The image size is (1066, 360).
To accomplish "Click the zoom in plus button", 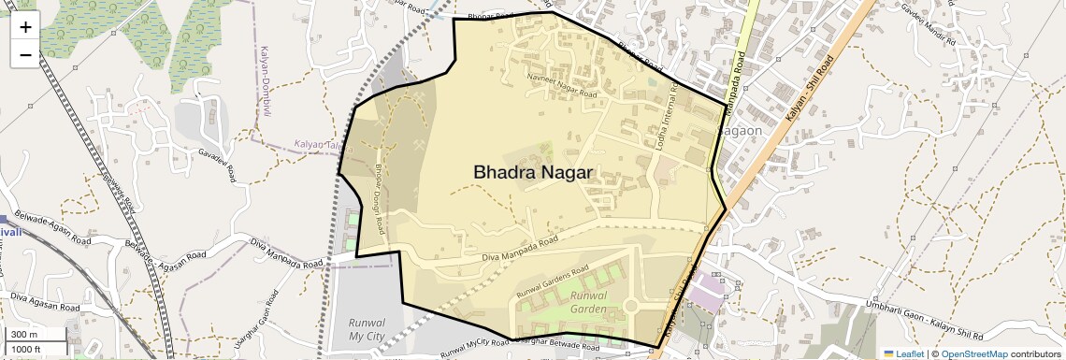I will pyautogui.click(x=25, y=27).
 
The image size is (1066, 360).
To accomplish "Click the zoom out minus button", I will pyautogui.click(x=25, y=55).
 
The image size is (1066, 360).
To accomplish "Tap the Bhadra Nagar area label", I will pyautogui.click(x=534, y=172).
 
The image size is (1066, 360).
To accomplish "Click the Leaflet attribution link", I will pyautogui.click(x=904, y=354).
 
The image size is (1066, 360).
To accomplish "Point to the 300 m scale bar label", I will pyautogui.click(x=24, y=335).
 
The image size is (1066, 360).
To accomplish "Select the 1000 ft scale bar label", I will pyautogui.click(x=27, y=349).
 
